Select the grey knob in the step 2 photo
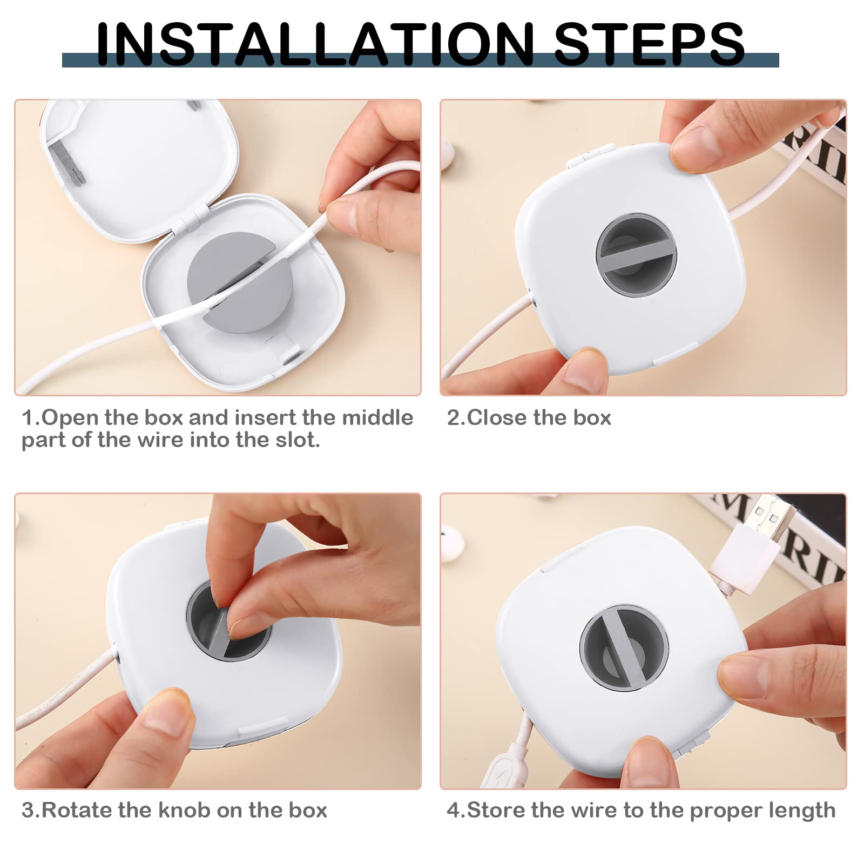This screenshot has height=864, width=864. [x=637, y=255]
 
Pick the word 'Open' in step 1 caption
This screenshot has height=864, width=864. [x=71, y=417]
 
